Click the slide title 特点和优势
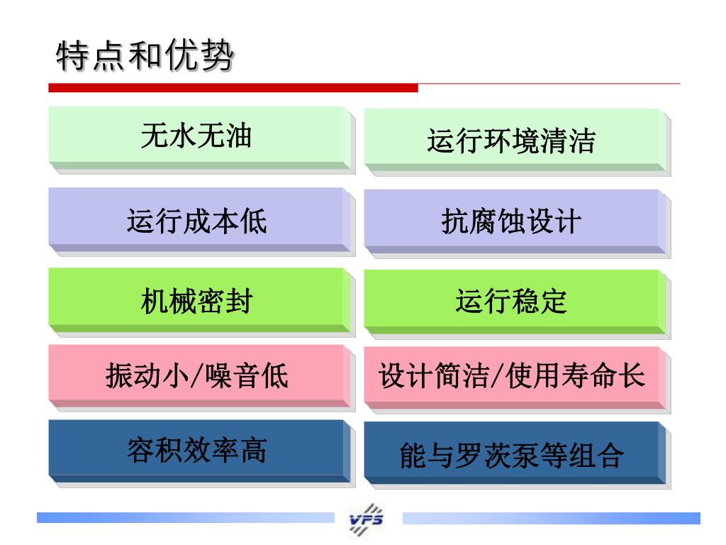click(145, 57)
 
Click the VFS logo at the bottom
click(367, 520)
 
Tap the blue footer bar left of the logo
click(184, 518)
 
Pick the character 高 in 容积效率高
click(253, 450)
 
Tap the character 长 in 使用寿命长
click(633, 375)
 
